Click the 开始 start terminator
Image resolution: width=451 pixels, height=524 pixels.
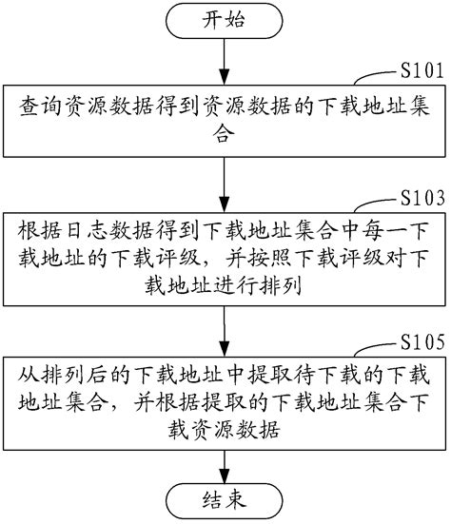pos(224,20)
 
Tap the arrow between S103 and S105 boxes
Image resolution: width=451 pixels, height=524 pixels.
pos(224,328)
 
